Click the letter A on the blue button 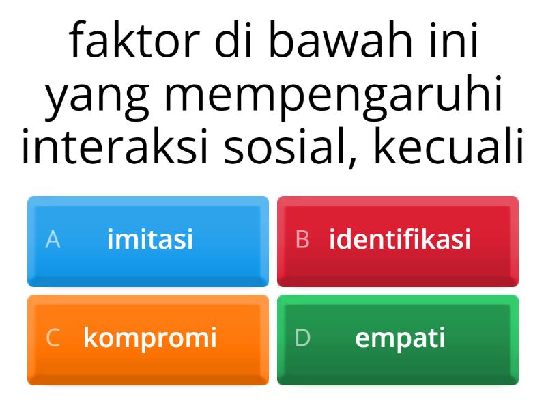point(53,240)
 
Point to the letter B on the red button point(302,240)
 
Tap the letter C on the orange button point(53,338)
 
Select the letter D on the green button point(302,338)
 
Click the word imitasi point(150,240)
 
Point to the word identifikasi point(400,240)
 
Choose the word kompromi point(150,338)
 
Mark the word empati point(400,338)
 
